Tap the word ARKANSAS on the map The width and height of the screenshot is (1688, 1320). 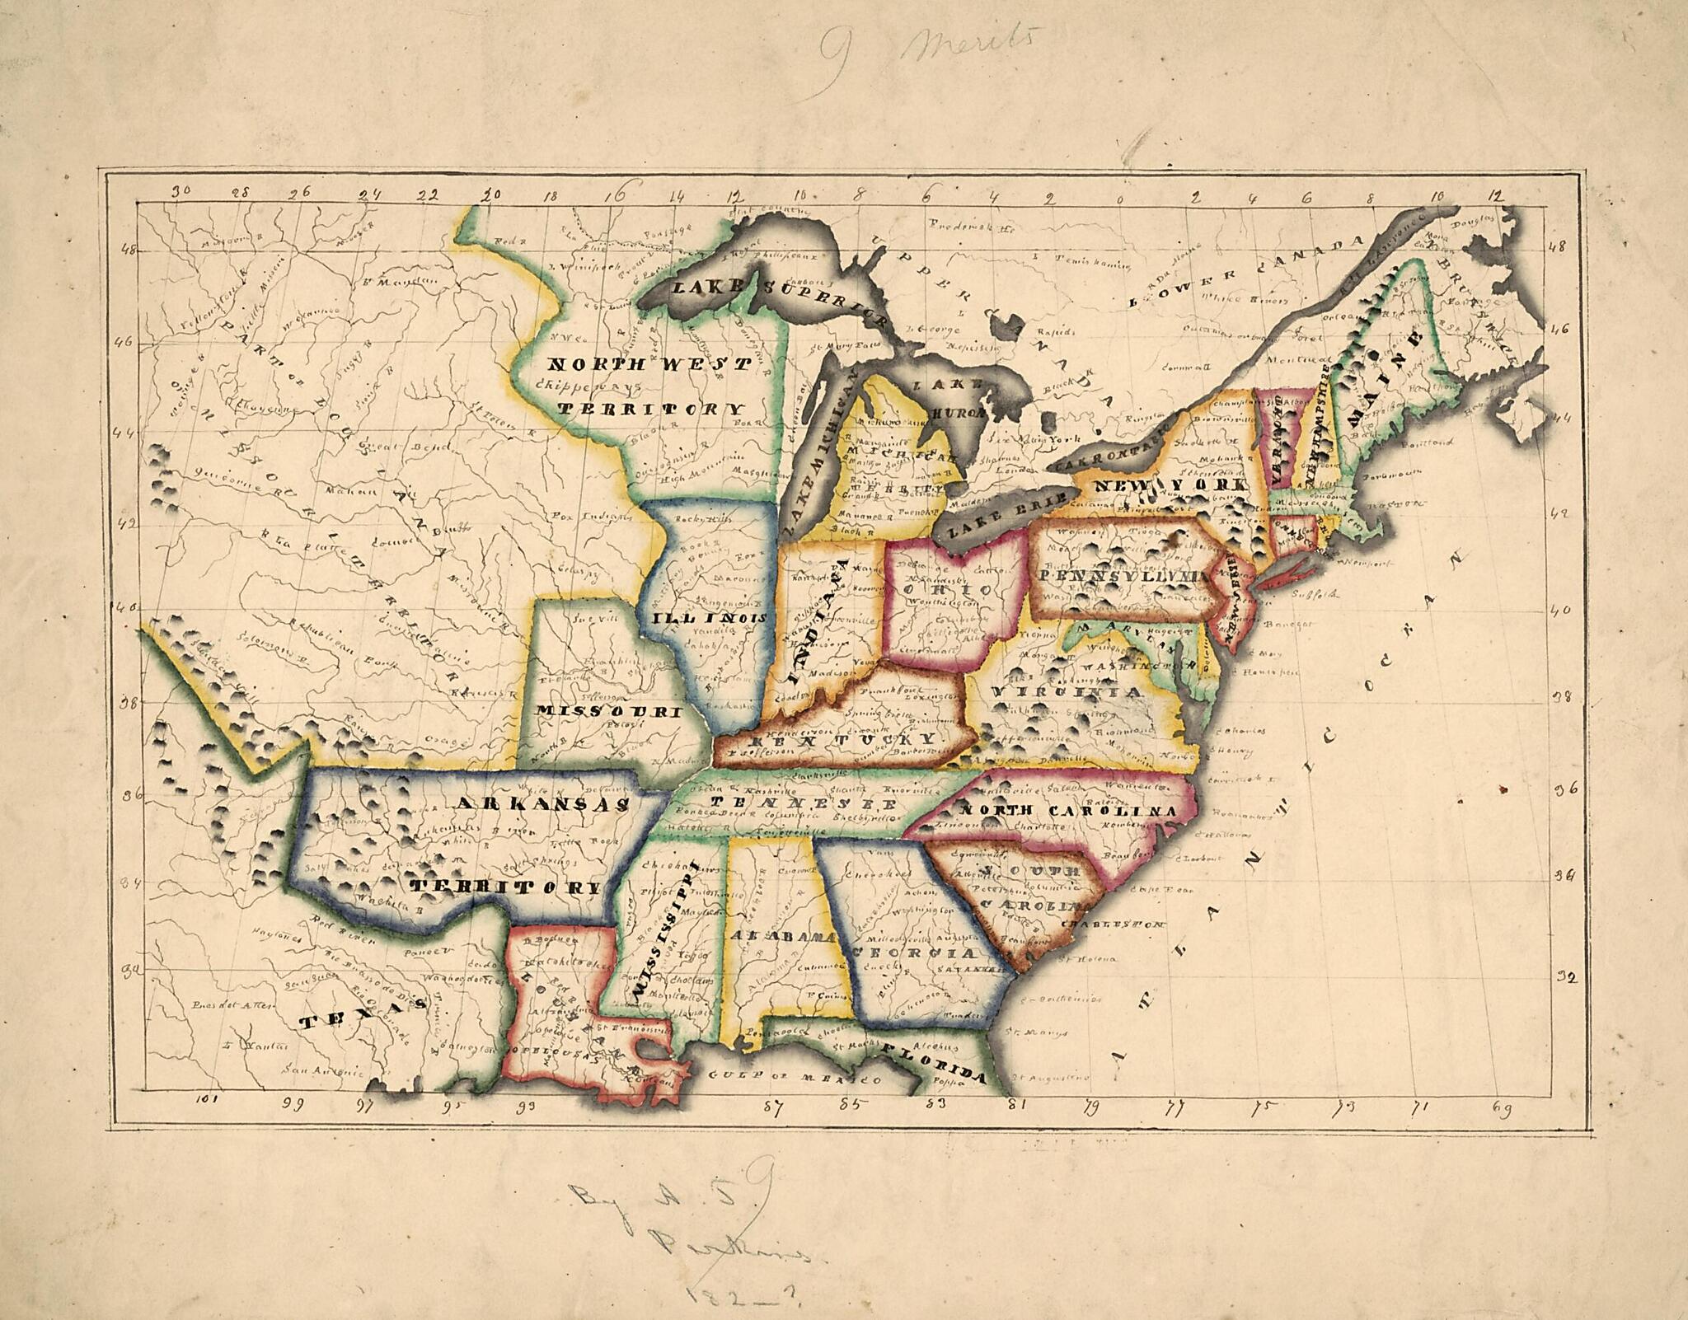(x=542, y=803)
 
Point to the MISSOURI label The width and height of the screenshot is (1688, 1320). (x=608, y=710)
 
